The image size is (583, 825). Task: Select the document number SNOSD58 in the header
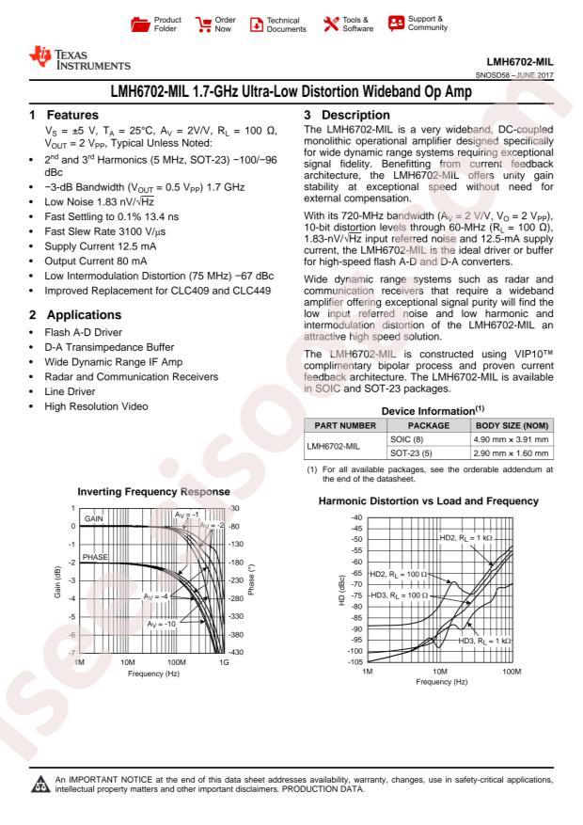tap(497, 76)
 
